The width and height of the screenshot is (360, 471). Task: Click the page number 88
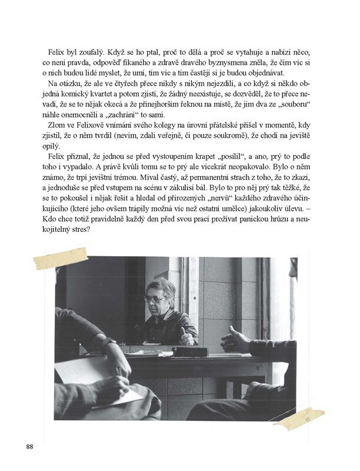point(30,445)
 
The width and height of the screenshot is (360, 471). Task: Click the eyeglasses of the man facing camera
point(156,299)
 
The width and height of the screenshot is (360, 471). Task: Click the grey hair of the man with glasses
point(162,286)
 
